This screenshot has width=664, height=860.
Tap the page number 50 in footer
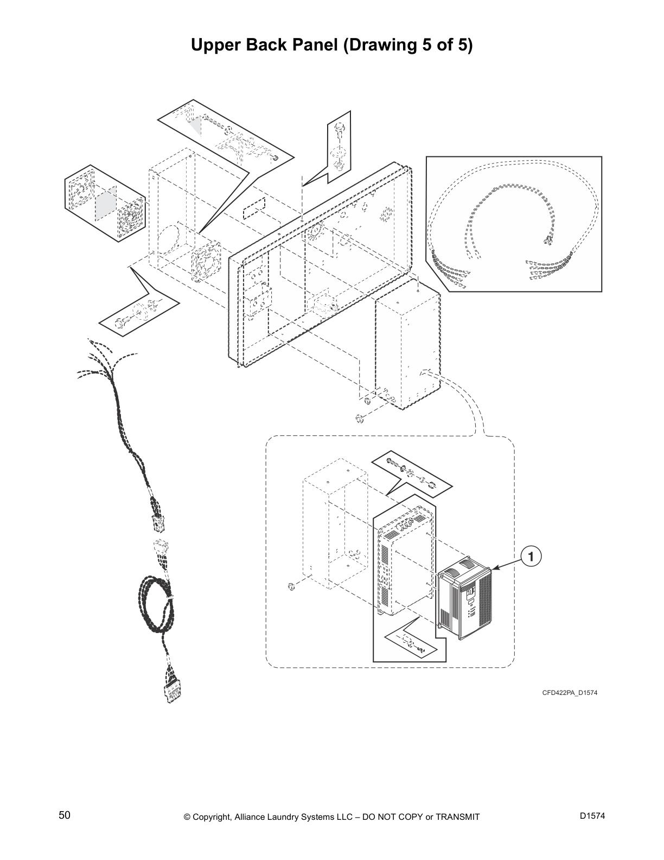pyautogui.click(x=65, y=815)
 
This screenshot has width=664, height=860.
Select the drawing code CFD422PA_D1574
pyautogui.click(x=570, y=693)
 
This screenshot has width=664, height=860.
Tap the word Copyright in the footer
pyautogui.click(x=212, y=817)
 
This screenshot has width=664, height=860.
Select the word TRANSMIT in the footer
pyautogui.click(x=457, y=817)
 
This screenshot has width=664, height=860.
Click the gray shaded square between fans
pyautogui.click(x=106, y=204)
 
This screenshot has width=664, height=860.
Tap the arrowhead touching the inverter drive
pyautogui.click(x=495, y=568)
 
